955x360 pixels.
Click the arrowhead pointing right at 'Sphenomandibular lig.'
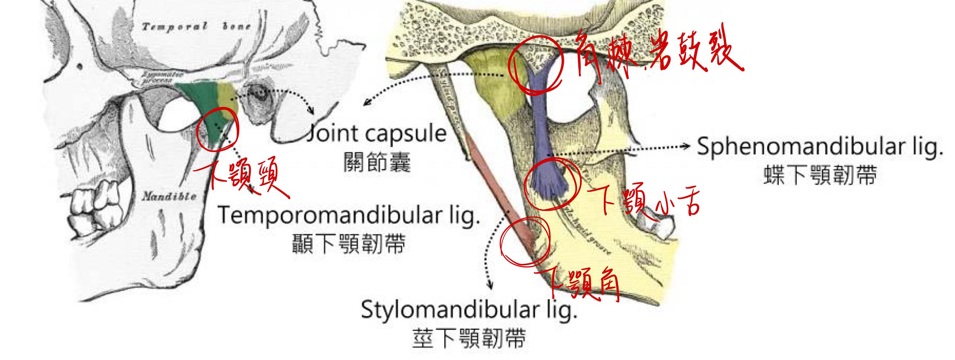click(689, 146)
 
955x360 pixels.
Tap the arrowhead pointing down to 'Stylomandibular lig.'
click(490, 286)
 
